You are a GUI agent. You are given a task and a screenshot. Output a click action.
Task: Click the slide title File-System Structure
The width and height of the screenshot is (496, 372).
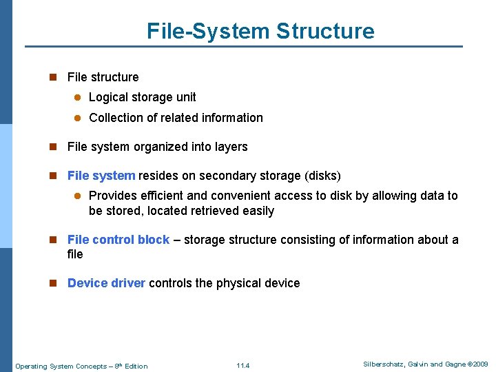(x=260, y=31)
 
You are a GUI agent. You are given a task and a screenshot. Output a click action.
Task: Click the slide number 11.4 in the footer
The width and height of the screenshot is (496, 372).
(x=242, y=366)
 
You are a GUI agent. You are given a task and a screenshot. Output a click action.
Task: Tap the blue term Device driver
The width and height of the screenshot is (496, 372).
(x=106, y=283)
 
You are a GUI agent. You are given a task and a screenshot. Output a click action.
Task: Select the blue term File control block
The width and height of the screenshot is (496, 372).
(x=118, y=240)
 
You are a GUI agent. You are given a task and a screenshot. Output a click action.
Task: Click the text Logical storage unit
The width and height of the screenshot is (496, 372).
(x=143, y=97)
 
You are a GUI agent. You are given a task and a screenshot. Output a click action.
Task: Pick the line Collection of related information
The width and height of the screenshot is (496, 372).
(x=176, y=118)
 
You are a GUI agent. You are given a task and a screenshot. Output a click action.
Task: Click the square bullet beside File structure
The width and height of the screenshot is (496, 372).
(x=52, y=77)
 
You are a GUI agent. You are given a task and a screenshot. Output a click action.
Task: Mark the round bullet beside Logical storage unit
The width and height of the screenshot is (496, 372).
(x=78, y=98)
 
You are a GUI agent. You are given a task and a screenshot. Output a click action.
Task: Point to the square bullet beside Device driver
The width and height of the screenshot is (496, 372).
(x=52, y=283)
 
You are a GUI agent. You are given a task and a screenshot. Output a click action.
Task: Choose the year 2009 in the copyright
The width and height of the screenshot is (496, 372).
(x=480, y=364)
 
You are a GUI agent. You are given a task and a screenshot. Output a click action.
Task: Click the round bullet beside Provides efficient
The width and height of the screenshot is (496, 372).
(x=78, y=196)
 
